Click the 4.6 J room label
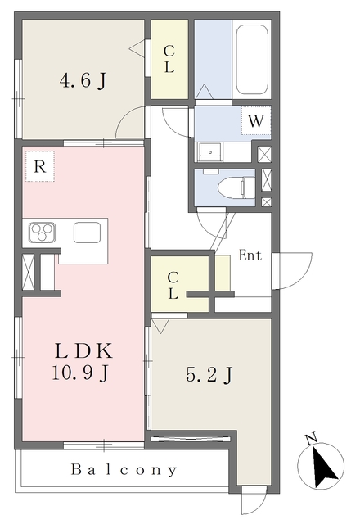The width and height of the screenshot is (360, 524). (83, 80)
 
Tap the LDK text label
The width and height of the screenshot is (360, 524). (83, 350)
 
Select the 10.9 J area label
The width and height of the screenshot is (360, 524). (80, 373)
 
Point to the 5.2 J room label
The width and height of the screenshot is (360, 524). (209, 375)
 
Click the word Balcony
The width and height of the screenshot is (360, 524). (124, 470)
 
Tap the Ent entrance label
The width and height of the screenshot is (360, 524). (250, 255)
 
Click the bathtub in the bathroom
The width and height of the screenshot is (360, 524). (252, 60)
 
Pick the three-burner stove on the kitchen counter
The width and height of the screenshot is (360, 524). (42, 232)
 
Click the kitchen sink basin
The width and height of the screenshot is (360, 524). (88, 233)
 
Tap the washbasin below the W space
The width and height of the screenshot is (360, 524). (209, 152)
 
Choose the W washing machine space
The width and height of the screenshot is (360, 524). (256, 120)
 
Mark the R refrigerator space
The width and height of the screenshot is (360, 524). (40, 166)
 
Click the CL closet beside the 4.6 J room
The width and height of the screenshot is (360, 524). (169, 60)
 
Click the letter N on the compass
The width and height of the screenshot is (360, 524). (311, 439)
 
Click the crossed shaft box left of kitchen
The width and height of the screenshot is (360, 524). (28, 272)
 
